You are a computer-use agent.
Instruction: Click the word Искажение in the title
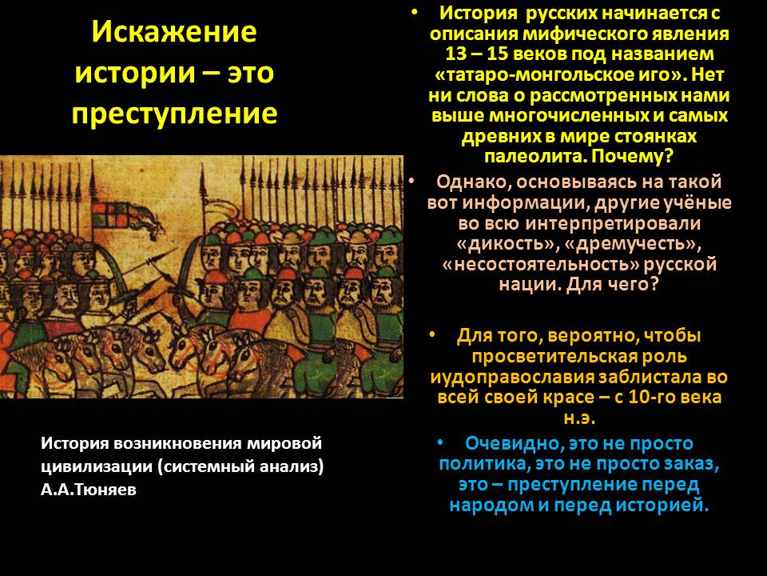point(174,33)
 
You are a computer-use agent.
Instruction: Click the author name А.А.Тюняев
point(88,490)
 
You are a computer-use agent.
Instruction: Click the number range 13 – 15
point(483,54)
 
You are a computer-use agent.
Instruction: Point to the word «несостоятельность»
point(534,264)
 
